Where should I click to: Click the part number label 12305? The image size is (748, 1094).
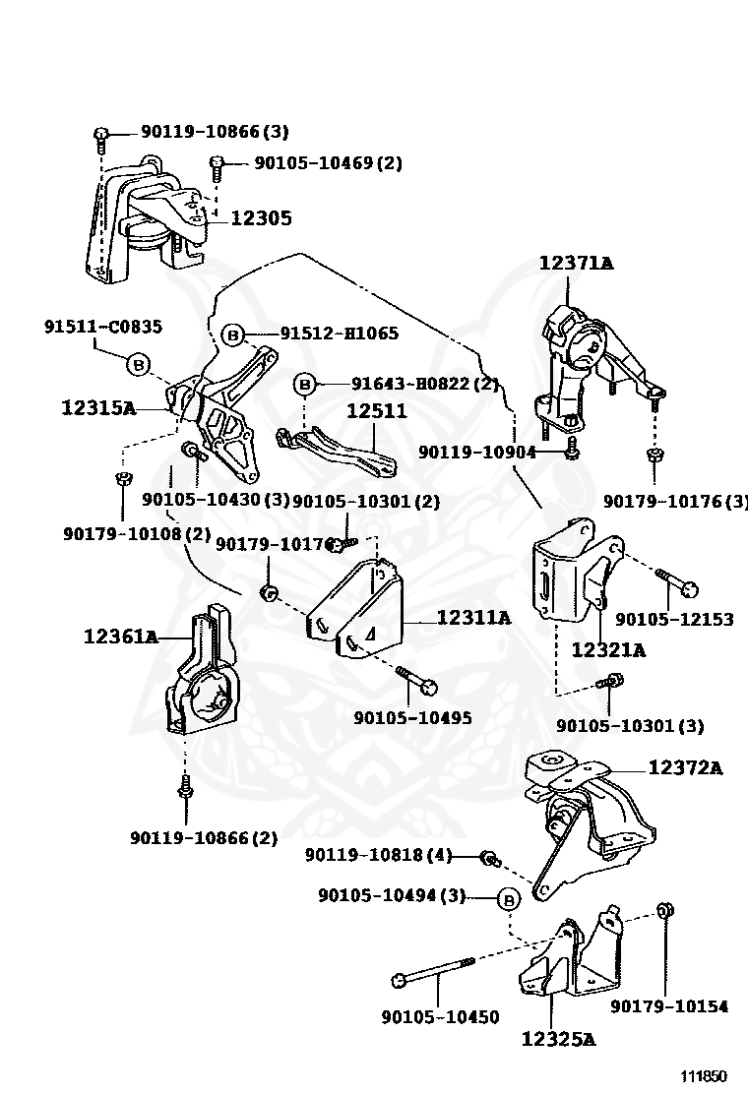point(261,218)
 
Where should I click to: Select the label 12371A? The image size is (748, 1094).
point(576,263)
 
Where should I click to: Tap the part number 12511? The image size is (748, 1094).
point(375,411)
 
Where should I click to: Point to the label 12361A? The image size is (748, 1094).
point(120,637)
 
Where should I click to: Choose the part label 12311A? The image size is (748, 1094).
point(473,618)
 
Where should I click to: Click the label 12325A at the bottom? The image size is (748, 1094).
point(558,1038)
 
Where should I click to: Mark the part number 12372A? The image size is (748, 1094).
point(685,767)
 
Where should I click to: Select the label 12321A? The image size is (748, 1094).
point(608,649)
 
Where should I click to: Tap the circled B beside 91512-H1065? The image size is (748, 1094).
point(233,335)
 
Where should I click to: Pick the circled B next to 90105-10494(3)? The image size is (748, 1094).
point(509,897)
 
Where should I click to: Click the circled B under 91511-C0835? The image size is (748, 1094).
point(139,365)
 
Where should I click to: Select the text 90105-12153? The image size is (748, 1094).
point(674,619)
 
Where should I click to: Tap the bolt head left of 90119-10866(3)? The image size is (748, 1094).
point(101,134)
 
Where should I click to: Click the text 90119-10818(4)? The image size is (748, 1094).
point(378,855)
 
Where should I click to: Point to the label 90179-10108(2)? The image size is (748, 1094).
point(137,533)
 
